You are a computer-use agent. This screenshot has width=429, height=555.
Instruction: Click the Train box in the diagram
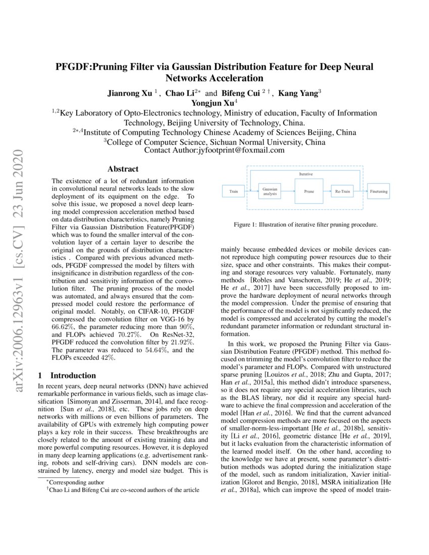point(234,192)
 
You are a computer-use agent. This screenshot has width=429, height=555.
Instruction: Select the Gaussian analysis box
point(267,192)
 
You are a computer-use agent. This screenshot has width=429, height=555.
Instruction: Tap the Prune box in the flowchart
point(309,192)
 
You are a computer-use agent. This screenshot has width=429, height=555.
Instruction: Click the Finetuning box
point(379,192)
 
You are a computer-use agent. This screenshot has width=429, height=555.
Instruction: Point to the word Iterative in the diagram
point(306,174)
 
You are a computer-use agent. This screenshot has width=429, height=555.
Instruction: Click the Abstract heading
point(123,169)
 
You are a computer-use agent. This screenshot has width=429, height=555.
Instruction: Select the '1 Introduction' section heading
point(68,375)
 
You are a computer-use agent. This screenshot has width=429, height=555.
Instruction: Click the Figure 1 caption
point(305,225)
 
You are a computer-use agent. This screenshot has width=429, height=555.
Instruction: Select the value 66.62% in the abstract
point(63,327)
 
